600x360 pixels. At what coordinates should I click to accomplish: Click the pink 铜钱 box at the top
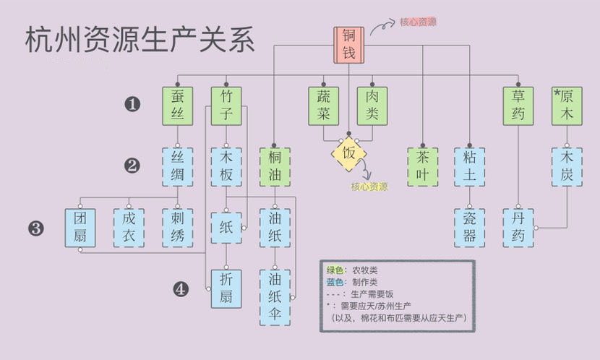[348, 45]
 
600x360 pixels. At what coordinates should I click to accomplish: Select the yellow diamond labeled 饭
[349, 154]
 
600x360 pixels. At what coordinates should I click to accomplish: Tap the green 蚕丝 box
[178, 106]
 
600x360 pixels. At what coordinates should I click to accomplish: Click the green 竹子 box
[226, 106]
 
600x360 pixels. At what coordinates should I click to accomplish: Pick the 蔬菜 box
[324, 106]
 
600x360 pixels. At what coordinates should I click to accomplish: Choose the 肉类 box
[372, 106]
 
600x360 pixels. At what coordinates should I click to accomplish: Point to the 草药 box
[519, 106]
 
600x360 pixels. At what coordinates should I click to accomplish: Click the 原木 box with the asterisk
[567, 106]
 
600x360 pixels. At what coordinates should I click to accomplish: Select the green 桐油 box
[275, 167]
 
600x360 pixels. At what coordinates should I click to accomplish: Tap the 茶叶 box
[422, 167]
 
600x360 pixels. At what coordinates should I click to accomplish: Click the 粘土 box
[470, 167]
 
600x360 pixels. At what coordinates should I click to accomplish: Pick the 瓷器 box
[470, 228]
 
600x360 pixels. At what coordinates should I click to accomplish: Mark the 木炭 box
[567, 167]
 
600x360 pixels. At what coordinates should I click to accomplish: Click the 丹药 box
[519, 228]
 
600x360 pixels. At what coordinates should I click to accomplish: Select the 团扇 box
[80, 228]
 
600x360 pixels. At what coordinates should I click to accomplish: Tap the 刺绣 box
[178, 228]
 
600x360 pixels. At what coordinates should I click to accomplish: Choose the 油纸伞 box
[275, 297]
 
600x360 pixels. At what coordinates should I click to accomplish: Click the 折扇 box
[226, 288]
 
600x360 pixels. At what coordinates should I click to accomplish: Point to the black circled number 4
[181, 289]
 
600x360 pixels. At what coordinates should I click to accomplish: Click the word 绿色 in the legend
[334, 269]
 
